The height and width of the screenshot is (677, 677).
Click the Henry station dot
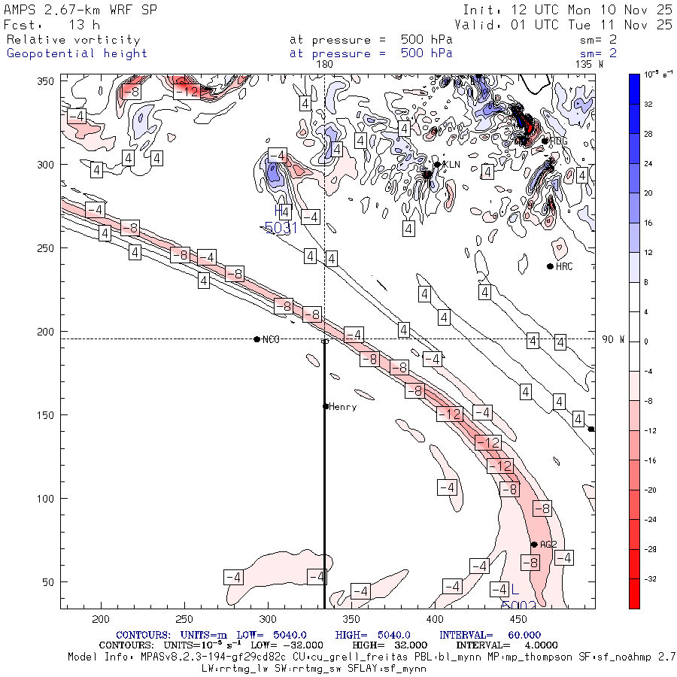(326, 406)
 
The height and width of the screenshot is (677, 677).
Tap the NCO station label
(271, 340)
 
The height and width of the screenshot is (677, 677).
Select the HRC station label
(564, 267)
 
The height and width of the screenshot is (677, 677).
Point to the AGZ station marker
(534, 545)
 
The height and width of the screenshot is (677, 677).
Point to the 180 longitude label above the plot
(325, 65)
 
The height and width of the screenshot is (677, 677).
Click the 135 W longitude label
(589, 65)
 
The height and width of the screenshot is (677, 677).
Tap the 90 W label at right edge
(613, 340)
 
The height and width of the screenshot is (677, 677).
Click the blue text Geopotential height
(77, 53)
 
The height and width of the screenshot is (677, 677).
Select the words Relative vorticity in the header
(74, 40)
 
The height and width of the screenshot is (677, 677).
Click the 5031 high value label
(281, 227)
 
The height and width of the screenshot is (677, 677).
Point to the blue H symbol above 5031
(282, 211)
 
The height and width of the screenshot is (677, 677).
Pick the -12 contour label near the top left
(186, 92)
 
